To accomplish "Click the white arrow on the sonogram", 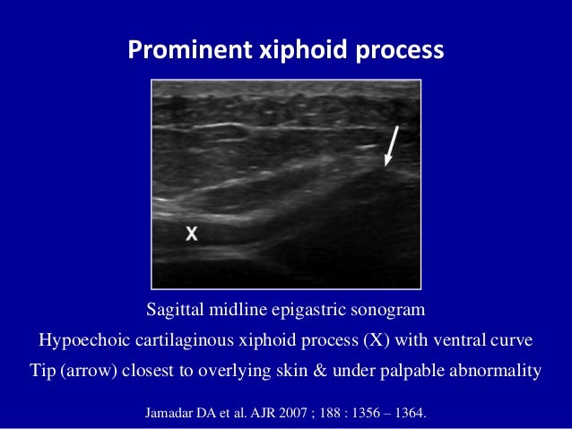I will click(x=392, y=146).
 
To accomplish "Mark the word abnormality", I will click(x=496, y=370).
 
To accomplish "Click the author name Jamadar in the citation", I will click(x=173, y=414).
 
